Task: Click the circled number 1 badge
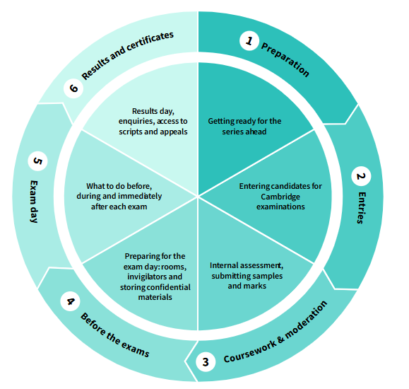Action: point(249,41)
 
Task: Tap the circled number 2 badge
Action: point(361,176)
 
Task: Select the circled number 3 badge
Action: point(206,361)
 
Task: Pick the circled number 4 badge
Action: point(71,301)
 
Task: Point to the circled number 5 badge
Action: point(38,161)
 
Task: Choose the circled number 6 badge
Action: point(73,88)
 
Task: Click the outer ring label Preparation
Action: point(285,59)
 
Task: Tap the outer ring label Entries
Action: point(361,208)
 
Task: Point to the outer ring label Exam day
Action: point(34,202)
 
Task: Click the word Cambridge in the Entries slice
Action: point(280,197)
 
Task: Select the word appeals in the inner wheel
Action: point(174,132)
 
